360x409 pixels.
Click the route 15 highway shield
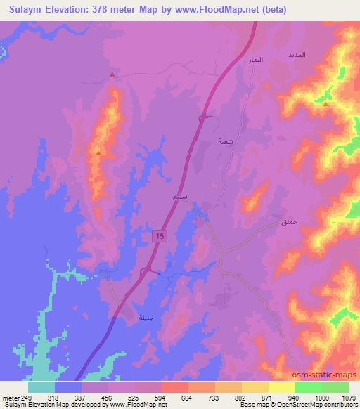pos(159,238)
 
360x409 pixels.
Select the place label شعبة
pos(225,142)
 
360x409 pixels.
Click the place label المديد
pos(296,54)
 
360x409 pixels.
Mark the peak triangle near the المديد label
pos(325,104)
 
